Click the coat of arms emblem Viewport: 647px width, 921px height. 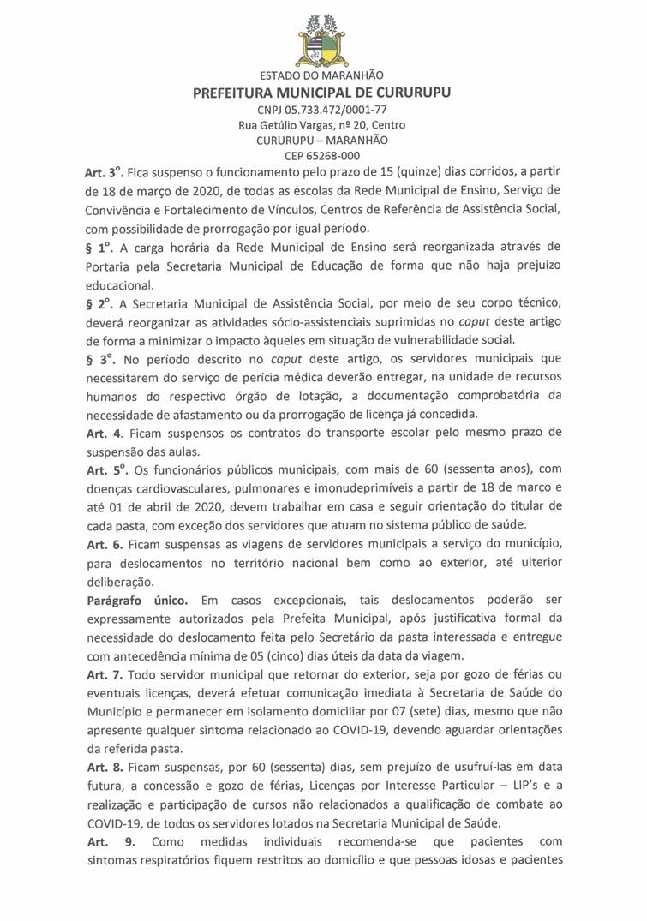click(x=322, y=38)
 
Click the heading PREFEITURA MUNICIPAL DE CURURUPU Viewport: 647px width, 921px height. click(x=323, y=93)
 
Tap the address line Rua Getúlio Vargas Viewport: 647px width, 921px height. click(x=322, y=125)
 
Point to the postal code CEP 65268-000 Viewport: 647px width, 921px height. click(x=322, y=156)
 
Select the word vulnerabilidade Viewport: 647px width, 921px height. click(x=470, y=339)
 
